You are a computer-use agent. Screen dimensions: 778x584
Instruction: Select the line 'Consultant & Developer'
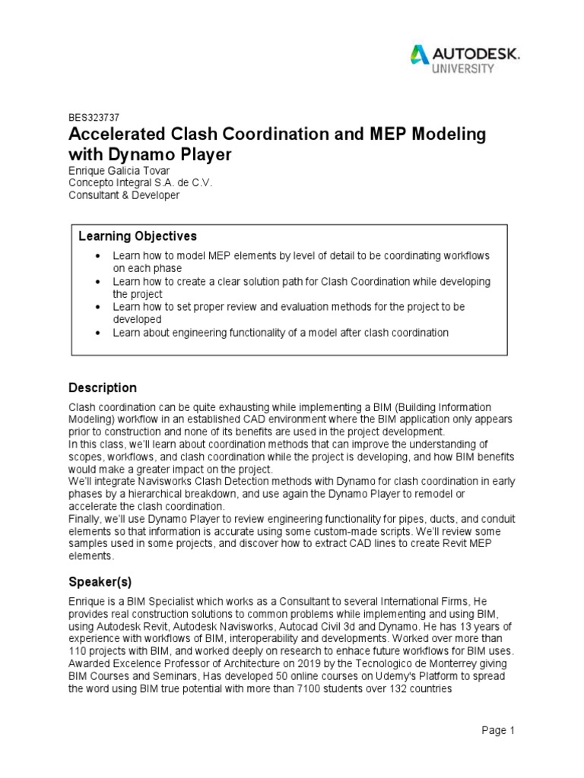tap(124, 194)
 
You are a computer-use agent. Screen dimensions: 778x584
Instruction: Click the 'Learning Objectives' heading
tap(138, 236)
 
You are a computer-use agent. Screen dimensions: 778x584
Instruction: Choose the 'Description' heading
tap(103, 387)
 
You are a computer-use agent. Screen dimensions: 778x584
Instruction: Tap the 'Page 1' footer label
tap(498, 731)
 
